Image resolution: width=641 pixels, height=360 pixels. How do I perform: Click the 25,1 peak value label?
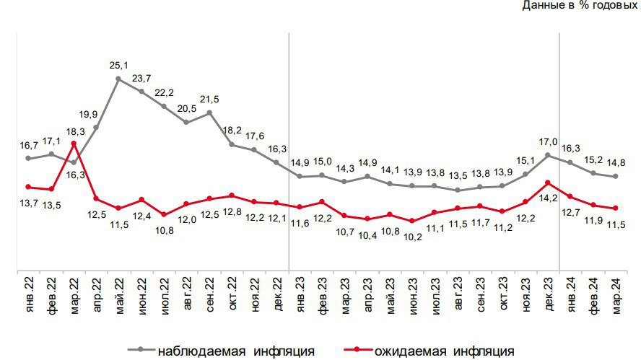point(118,66)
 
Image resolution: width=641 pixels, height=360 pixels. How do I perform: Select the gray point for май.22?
point(118,78)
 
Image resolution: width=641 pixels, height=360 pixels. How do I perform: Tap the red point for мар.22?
point(74,144)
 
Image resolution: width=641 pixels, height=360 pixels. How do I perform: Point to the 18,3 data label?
point(74,131)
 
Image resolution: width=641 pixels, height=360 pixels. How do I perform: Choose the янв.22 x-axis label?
point(29,295)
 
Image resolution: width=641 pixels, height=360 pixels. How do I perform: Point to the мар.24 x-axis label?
point(615,295)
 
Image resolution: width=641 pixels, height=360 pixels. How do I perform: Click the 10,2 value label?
point(412,236)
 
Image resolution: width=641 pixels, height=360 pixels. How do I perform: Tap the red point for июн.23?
point(412,221)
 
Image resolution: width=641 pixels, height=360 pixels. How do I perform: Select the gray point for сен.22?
point(209,113)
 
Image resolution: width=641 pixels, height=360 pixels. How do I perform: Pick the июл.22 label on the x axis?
point(164,295)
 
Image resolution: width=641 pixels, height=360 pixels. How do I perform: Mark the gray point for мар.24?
point(615,177)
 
